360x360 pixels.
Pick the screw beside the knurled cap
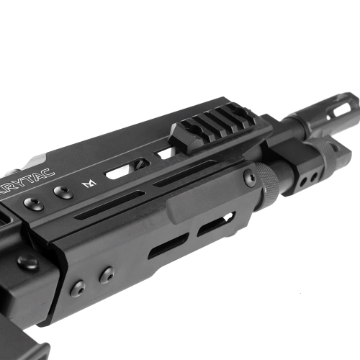coord(250,176)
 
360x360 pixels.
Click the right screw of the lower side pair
coord(107,274)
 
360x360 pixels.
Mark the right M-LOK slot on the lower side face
coord(216,226)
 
